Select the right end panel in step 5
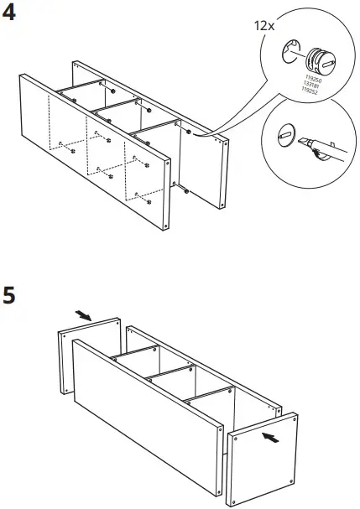[263, 457]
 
